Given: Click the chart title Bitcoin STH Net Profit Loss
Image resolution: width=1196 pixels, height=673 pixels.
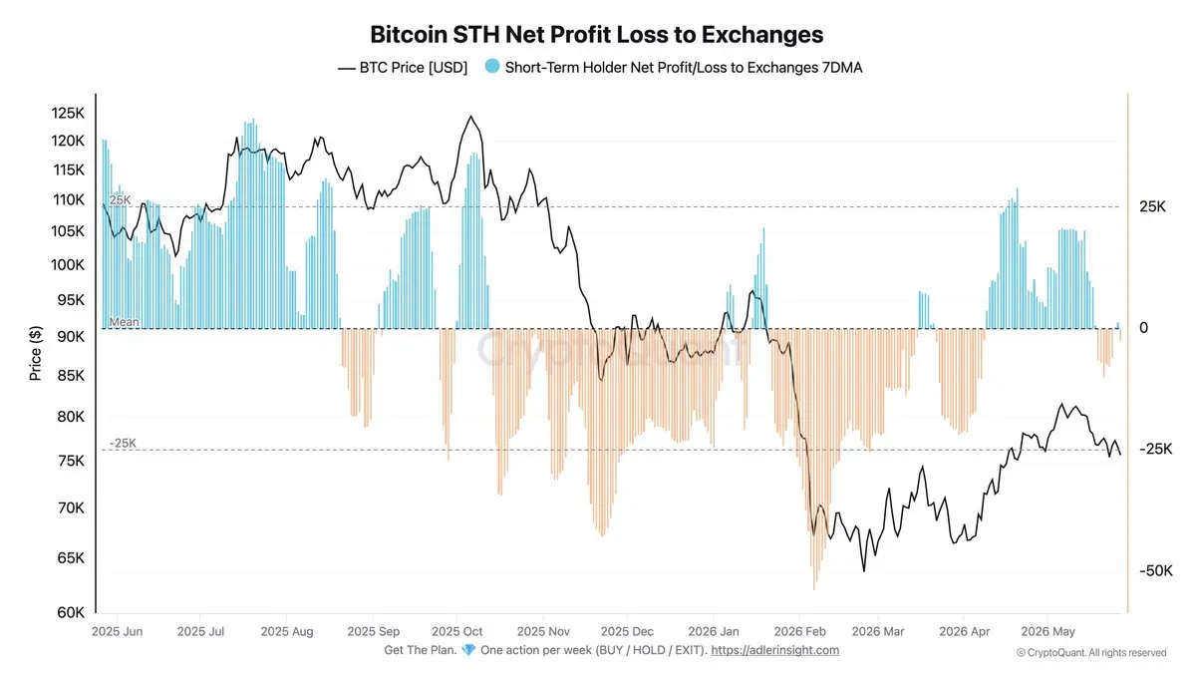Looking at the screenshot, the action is tap(596, 35).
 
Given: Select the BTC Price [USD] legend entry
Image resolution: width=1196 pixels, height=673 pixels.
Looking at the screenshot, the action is tap(403, 68).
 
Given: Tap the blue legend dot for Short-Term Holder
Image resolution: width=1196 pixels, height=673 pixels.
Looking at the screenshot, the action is tap(491, 67).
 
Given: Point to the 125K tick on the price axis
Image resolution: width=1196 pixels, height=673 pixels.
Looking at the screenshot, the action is tap(68, 113).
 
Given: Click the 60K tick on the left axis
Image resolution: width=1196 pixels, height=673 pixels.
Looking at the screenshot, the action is tap(71, 612).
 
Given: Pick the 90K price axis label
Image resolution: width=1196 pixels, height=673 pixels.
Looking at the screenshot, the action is tap(71, 337).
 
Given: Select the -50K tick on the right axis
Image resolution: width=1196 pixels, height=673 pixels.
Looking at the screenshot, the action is tap(1156, 571).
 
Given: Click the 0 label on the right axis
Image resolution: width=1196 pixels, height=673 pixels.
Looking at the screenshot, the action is tap(1144, 327).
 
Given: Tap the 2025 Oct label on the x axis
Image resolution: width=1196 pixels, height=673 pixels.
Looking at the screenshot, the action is tap(457, 631).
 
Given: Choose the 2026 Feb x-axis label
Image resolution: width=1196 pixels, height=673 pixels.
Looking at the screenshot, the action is tap(799, 631).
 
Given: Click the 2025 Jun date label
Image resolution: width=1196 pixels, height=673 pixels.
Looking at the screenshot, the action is tap(117, 631).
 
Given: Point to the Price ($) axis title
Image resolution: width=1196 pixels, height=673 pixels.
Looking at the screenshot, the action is tap(35, 353).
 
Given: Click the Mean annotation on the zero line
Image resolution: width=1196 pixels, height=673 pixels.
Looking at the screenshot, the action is tap(124, 321).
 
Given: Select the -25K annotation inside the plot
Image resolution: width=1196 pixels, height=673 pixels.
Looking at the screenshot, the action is tap(123, 443).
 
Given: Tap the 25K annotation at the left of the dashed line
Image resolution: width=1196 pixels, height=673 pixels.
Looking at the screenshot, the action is tap(121, 199).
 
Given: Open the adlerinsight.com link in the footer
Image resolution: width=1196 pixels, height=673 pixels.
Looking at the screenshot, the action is tap(775, 650).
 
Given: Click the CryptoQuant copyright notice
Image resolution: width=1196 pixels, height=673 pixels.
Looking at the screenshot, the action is tap(1091, 653).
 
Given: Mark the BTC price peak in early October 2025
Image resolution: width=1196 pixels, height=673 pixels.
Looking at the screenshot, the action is tap(470, 116).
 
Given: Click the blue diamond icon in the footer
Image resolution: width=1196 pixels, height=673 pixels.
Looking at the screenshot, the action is tap(468, 649).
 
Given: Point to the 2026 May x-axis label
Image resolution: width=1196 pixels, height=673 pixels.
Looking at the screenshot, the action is tap(1047, 631).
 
